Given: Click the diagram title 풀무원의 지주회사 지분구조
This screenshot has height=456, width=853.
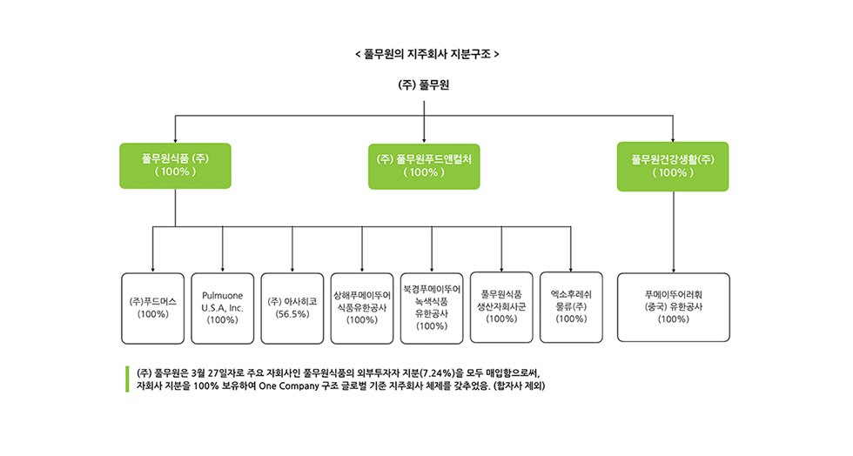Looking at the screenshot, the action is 427,55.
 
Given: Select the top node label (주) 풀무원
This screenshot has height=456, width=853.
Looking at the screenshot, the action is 424,85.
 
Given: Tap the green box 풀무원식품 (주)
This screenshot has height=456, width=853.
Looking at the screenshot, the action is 175,166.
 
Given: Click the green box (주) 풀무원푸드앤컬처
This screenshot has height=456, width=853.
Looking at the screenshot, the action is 424,166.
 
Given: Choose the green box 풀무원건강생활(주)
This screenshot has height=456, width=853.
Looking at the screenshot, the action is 673,166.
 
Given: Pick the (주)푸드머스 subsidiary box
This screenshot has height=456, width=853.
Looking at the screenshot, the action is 153,309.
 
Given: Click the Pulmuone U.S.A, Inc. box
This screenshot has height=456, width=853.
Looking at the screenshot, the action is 223,309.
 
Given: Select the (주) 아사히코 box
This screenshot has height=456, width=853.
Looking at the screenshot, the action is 292,309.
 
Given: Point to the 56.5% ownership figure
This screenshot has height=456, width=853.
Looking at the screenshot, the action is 292,314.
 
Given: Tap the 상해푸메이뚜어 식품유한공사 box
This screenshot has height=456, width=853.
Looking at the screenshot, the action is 362,309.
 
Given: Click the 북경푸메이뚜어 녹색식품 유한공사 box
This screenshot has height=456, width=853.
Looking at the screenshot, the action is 432,309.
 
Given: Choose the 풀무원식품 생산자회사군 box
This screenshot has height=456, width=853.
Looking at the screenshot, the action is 501,307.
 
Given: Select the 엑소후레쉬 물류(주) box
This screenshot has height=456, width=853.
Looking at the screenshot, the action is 571,307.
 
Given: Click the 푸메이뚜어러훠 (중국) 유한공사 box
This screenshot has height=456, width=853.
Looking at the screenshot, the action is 674,307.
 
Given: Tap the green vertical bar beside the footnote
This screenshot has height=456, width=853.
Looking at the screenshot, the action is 127,379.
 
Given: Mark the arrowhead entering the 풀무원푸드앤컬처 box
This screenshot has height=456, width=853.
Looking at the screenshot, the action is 425,141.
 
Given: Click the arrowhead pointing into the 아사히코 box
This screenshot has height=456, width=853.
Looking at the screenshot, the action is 292,270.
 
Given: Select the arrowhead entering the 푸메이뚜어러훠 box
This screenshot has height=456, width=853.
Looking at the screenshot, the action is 674,270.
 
